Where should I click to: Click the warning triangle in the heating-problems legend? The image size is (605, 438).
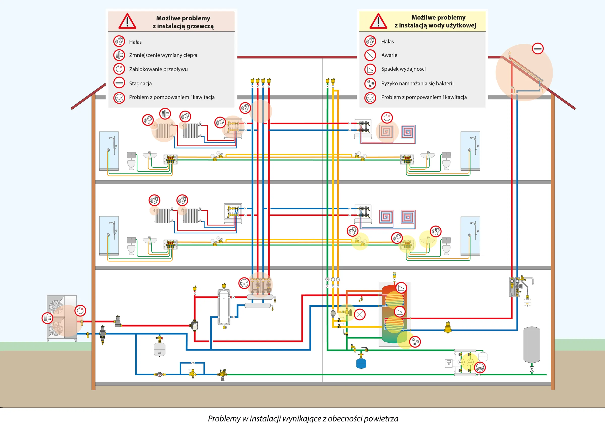click(x=127, y=21)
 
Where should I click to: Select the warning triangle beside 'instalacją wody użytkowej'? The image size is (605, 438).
click(x=378, y=21)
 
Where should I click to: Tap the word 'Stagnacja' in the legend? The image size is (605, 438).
click(x=140, y=83)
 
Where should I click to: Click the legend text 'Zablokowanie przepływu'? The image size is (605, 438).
click(x=158, y=69)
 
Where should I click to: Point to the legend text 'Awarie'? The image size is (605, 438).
click(x=389, y=55)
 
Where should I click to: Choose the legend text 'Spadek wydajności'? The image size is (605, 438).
click(x=403, y=69)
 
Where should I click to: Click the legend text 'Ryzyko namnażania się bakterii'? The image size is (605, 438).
click(x=417, y=83)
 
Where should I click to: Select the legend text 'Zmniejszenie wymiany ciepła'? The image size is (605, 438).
click(x=163, y=55)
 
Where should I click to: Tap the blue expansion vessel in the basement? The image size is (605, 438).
click(x=361, y=364)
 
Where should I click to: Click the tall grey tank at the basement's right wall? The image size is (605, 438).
click(x=532, y=345)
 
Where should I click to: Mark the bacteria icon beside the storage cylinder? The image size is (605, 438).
click(x=415, y=342)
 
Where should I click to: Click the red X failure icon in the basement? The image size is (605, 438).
click(x=359, y=315)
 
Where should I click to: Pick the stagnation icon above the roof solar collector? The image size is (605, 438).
click(x=537, y=49)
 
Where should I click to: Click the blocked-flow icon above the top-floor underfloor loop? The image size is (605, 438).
click(x=387, y=118)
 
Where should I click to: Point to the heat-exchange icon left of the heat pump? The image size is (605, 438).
click(x=47, y=318)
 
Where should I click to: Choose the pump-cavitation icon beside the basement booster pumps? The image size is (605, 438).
click(x=480, y=368)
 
